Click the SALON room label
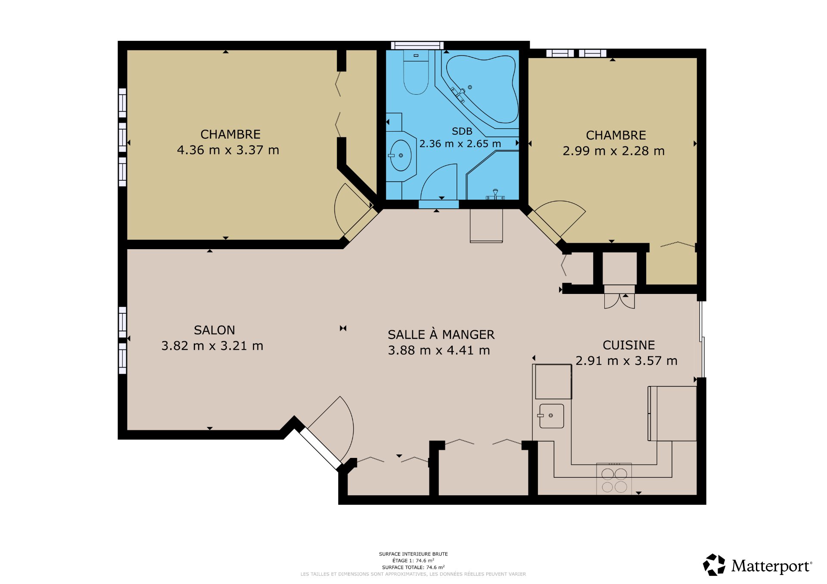[x=215, y=330]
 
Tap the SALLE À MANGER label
[x=441, y=334]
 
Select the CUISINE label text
[x=629, y=345]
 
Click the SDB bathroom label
[x=462, y=131]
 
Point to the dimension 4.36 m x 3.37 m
[x=228, y=150]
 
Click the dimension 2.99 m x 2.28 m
[x=614, y=151]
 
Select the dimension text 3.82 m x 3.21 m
[x=212, y=346]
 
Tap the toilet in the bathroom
[x=416, y=72]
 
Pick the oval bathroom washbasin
[x=401, y=155]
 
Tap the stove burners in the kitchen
[x=614, y=480]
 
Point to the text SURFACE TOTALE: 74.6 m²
[x=413, y=567]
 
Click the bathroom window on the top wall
[x=417, y=45]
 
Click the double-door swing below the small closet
[x=619, y=301]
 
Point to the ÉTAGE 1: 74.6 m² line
[x=413, y=561]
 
